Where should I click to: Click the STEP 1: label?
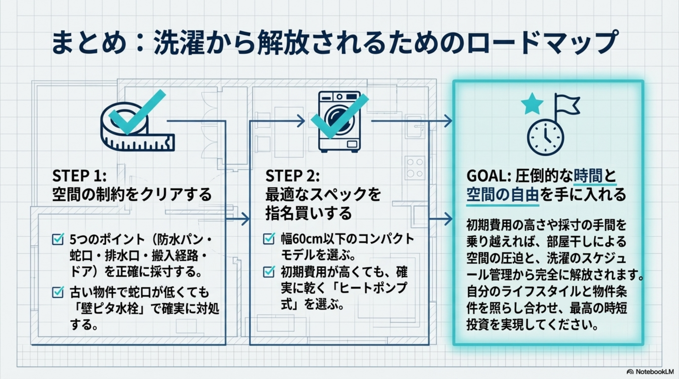coord(79,175)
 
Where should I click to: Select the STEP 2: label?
coord(292,175)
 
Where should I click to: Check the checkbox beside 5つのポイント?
coord(58,239)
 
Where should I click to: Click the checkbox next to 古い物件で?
coord(58,292)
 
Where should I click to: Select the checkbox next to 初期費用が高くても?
coord(269,272)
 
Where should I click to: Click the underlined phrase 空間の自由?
coord(502,195)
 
